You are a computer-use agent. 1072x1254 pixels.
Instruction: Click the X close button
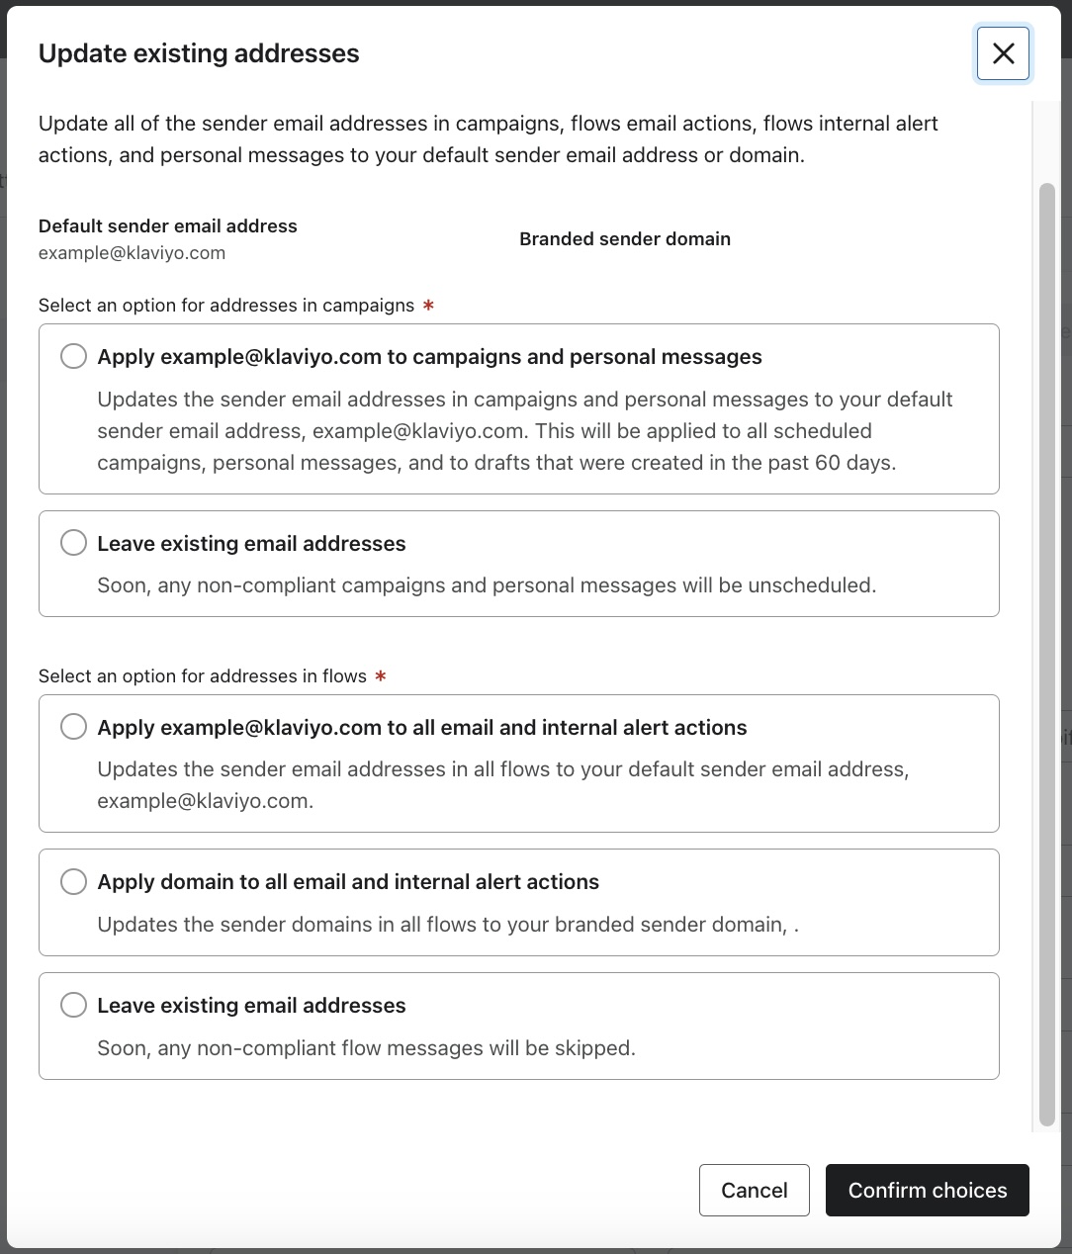click(1003, 53)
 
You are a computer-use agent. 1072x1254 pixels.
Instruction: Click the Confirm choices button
click(927, 1190)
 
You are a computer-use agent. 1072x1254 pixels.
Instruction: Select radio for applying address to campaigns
click(73, 356)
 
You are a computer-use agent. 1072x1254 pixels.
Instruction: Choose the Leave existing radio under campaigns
click(73, 543)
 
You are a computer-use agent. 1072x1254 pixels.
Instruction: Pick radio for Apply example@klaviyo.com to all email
click(73, 727)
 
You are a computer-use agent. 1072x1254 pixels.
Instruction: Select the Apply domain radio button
click(73, 881)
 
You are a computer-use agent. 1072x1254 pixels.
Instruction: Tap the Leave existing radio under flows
click(73, 1005)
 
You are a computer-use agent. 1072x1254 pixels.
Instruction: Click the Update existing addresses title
click(199, 53)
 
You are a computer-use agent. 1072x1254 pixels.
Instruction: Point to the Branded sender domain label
click(624, 239)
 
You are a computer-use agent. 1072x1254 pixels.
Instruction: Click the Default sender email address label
click(167, 226)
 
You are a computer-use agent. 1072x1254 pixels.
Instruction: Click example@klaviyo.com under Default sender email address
click(132, 253)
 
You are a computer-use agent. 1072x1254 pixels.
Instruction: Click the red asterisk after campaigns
click(428, 306)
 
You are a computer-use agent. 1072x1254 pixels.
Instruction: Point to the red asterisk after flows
click(381, 676)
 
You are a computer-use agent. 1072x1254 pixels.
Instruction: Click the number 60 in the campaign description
click(827, 463)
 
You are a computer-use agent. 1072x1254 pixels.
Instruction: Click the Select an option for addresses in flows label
click(202, 676)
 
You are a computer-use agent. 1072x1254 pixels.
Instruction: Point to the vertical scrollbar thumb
click(1046, 653)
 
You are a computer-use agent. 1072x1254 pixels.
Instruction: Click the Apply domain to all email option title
click(348, 882)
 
